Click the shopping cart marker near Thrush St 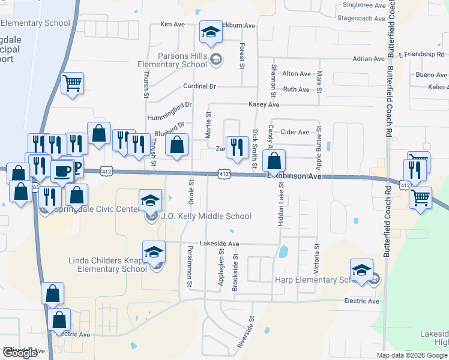tap(72, 83)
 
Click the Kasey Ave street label tap(264, 104)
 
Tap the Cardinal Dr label tap(199, 86)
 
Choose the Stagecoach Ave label tap(361, 19)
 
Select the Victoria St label tap(317, 255)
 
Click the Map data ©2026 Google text tap(412, 355)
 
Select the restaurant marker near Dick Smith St tap(238, 147)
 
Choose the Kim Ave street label tap(172, 25)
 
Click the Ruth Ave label tap(296, 89)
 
